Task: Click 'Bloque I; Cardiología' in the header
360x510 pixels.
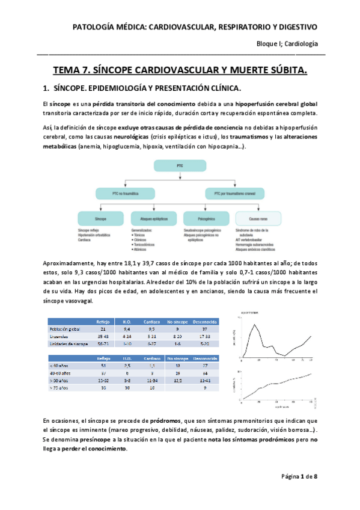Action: (x=287, y=45)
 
